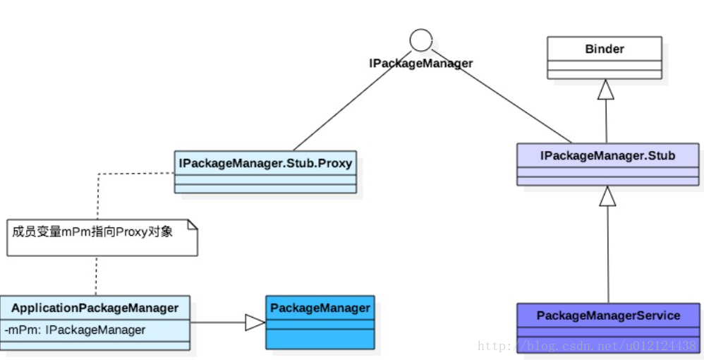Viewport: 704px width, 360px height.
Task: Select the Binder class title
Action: pos(605,49)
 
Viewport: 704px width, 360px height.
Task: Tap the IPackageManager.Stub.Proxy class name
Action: pos(265,163)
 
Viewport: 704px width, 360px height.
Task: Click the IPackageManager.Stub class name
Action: pos(607,155)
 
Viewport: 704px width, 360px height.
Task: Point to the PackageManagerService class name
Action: pos(608,316)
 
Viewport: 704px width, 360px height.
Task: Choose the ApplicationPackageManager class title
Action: pos(95,308)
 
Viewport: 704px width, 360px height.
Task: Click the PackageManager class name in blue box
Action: pos(320,308)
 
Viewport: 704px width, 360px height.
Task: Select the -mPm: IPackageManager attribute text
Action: pos(75,330)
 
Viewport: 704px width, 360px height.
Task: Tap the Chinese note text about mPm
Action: pos(92,232)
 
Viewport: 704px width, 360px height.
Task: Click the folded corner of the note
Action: pos(193,224)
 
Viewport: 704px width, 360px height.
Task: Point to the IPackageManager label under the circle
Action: pos(420,64)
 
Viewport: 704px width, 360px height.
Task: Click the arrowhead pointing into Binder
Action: pos(606,89)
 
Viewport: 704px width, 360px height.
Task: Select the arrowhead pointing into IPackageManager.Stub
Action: pos(607,196)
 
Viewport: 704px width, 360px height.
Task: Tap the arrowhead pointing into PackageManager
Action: pos(255,323)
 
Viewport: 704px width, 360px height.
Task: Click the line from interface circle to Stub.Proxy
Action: pos(352,100)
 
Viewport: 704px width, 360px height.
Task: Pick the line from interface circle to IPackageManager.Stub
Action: pos(502,96)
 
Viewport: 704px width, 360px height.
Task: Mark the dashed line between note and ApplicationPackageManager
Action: pos(96,275)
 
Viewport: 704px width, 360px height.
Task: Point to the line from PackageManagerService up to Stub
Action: pos(608,254)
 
